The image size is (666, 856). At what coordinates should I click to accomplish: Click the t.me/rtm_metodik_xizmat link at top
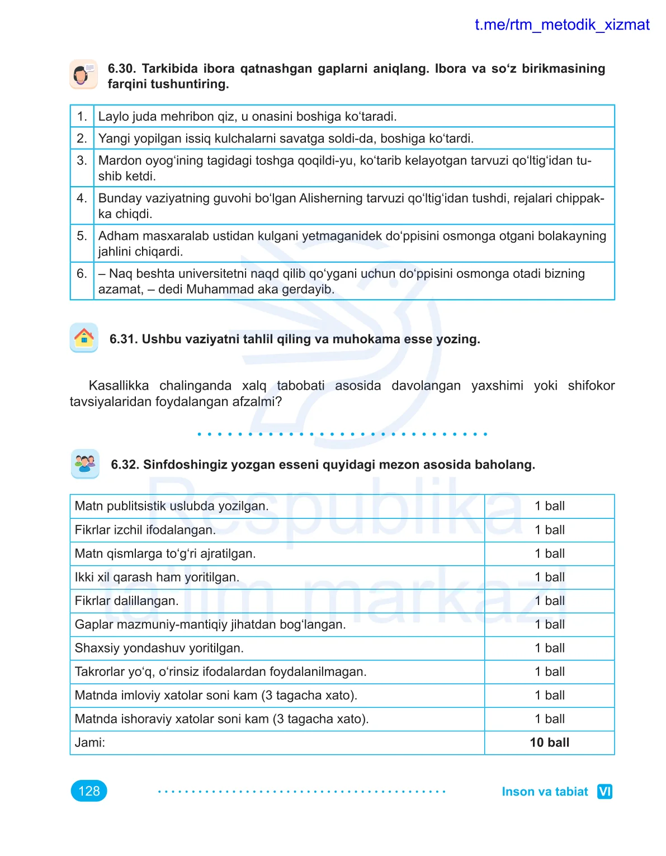561,25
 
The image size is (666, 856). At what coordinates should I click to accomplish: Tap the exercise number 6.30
121,69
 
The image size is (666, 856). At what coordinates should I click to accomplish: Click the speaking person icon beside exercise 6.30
84,74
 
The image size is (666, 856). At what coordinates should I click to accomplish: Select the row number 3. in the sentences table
82,161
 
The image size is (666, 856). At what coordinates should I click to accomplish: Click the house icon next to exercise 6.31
84,338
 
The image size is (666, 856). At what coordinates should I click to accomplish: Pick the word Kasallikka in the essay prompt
119,386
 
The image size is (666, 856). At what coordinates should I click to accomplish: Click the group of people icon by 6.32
85,464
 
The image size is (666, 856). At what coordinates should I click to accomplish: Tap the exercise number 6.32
125,465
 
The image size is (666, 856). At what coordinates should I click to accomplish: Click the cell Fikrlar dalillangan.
127,601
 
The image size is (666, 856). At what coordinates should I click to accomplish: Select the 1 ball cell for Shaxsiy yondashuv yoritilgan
549,649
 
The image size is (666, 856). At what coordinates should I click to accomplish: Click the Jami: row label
90,743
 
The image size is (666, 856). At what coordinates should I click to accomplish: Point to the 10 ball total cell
549,743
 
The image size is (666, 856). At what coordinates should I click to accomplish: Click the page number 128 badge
89,791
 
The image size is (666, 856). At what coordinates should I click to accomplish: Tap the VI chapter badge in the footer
604,792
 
